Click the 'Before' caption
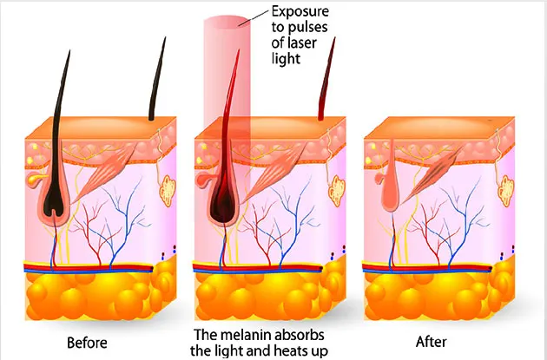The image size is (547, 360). pyautogui.click(x=87, y=342)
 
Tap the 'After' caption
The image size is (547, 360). pyautogui.click(x=431, y=342)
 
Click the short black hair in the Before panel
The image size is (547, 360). pyautogui.click(x=156, y=82)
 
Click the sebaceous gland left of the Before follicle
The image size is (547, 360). pyautogui.click(x=35, y=179)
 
